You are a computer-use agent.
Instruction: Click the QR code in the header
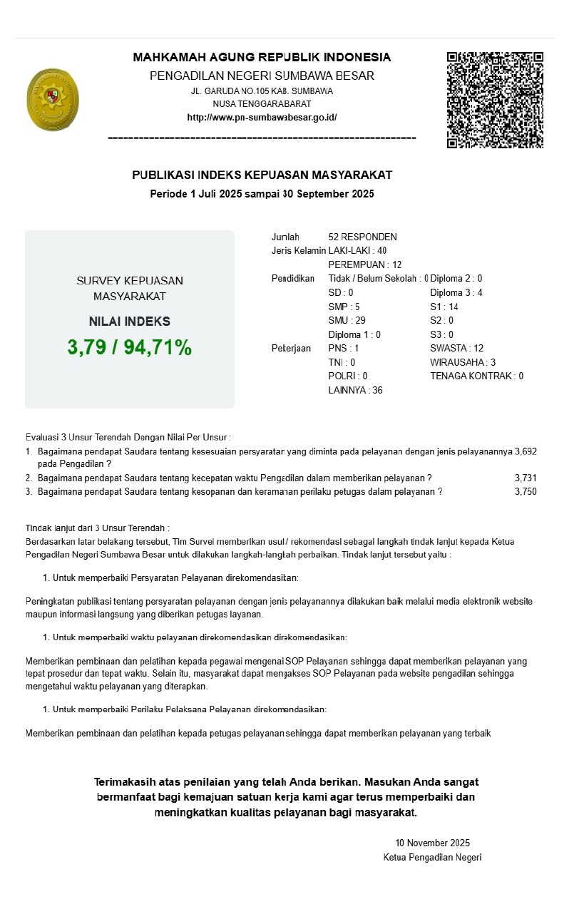click(495, 100)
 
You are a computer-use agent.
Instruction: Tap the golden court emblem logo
click(52, 100)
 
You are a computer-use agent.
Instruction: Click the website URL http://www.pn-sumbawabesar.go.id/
click(262, 118)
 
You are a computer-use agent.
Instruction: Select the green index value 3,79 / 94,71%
click(130, 347)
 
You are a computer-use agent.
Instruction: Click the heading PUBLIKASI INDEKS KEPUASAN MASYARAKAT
click(262, 175)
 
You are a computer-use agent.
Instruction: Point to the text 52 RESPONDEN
click(362, 237)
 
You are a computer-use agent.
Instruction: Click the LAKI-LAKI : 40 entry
click(357, 250)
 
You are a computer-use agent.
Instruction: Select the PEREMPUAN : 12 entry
click(364, 265)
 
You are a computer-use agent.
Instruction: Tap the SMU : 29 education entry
click(347, 320)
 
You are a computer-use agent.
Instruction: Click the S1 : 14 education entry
click(444, 307)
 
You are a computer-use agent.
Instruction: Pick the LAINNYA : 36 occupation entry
click(355, 390)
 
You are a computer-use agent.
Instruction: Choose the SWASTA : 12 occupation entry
click(456, 348)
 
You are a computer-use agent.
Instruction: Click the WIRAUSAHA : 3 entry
click(463, 362)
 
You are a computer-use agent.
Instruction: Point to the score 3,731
click(526, 478)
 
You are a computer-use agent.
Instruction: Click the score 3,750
click(526, 491)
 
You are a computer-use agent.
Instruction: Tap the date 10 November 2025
click(432, 843)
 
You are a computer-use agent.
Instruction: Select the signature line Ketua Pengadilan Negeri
click(432, 857)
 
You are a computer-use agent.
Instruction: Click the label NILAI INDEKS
click(130, 322)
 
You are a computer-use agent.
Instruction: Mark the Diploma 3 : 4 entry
click(456, 292)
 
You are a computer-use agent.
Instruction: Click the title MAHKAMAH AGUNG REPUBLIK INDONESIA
click(262, 57)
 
